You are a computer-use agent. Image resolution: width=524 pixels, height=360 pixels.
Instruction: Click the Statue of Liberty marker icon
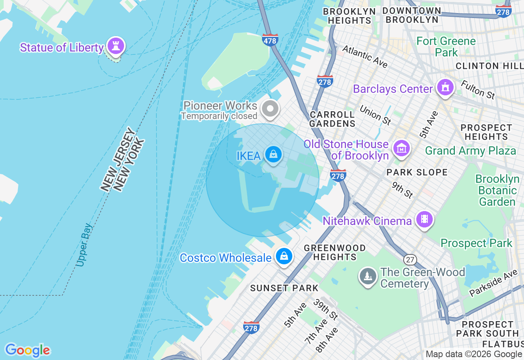coord(116,45)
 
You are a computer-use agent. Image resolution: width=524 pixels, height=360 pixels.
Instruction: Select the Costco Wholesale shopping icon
coord(284,256)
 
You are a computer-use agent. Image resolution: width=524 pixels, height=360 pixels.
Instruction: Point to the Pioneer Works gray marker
coord(270,109)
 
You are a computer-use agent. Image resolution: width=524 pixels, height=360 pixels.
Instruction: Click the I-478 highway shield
coord(270,40)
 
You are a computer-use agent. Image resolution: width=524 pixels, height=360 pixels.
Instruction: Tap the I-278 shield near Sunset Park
coord(251,327)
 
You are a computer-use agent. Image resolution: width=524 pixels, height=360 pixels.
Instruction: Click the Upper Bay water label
coord(85,245)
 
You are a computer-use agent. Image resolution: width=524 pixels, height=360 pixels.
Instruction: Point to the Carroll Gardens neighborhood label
coord(332,119)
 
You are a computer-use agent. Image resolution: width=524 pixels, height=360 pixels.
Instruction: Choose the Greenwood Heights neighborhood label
coord(335,252)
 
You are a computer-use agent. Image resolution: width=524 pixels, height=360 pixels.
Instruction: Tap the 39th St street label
coord(326,310)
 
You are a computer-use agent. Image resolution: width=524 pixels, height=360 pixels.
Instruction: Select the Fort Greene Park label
coord(446,47)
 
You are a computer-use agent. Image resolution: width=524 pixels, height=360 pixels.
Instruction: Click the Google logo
coord(27,350)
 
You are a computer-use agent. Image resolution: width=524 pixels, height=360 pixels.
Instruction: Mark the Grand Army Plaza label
coord(470,151)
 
